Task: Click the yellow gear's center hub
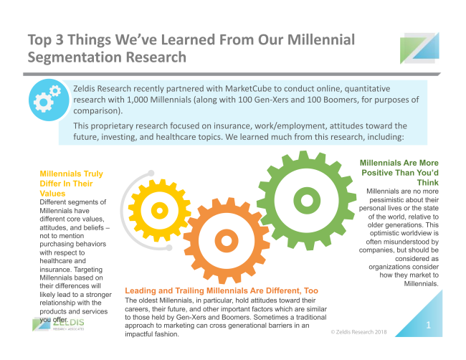160,210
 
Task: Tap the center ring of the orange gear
227,240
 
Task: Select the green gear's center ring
307,200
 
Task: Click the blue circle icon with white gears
49,100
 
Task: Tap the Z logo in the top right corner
419,48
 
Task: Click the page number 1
428,325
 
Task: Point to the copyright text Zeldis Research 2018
359,332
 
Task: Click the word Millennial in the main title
321,39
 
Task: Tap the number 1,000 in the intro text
138,100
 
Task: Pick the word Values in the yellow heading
52,194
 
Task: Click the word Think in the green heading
428,183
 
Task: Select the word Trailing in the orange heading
189,290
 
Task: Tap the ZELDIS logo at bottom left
58,324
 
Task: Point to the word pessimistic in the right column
386,200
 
